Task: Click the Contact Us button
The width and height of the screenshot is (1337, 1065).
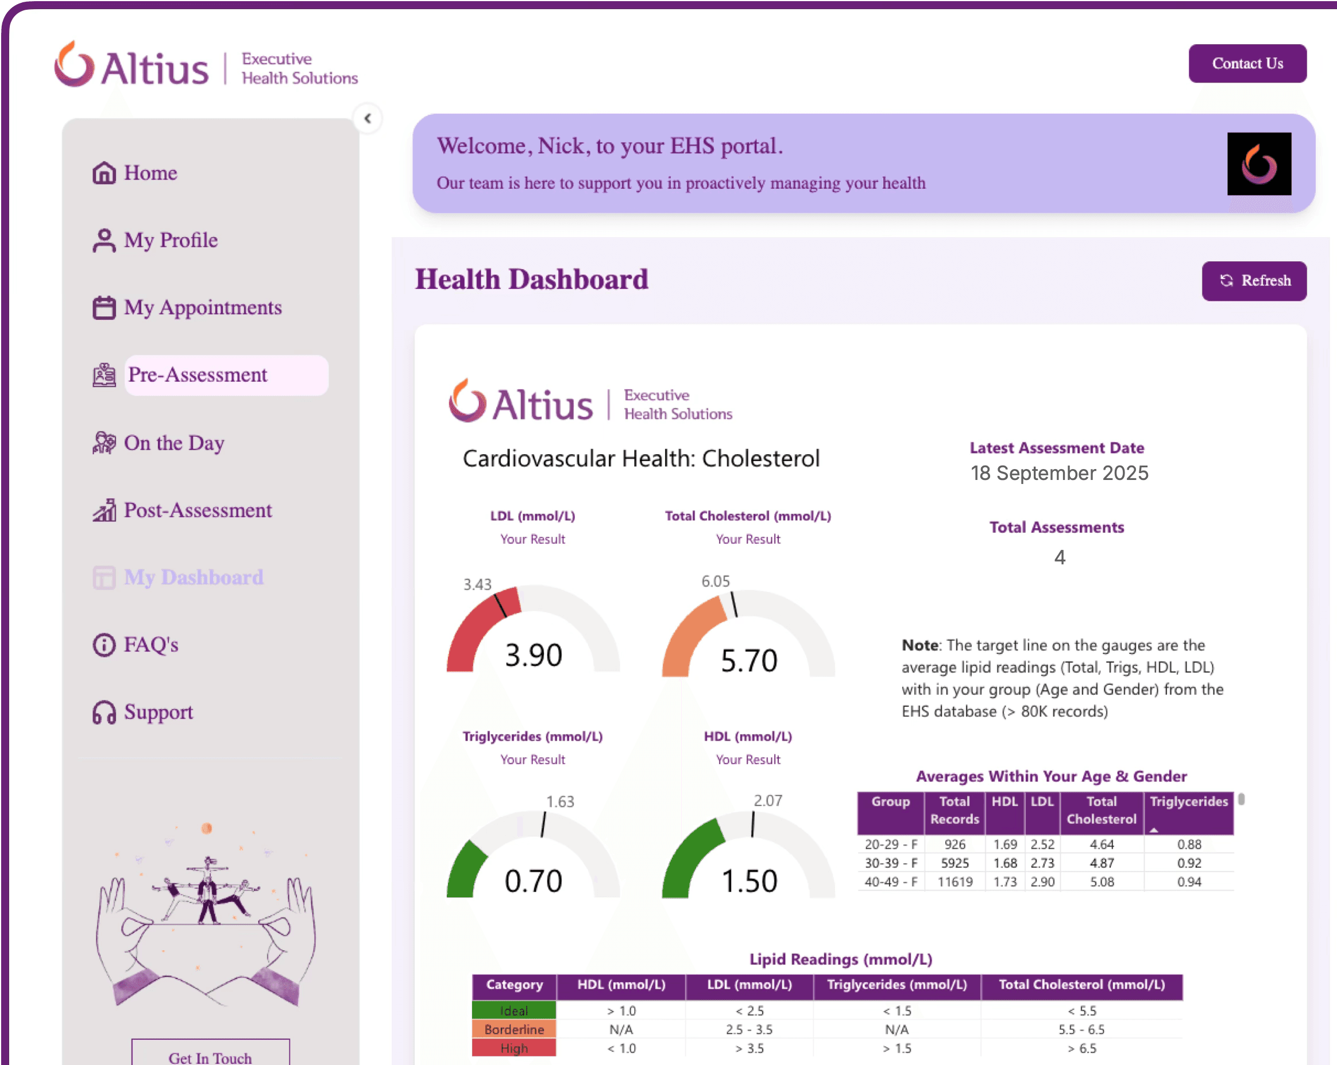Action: coord(1247,63)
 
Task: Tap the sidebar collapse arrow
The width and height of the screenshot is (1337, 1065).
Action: coord(368,118)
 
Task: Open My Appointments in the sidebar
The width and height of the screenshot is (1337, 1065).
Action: coord(202,308)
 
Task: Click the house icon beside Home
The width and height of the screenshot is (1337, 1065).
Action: coord(104,173)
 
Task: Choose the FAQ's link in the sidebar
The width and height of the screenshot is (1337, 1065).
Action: coord(150,645)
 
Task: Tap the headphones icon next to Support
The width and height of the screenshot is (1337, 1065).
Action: coord(104,712)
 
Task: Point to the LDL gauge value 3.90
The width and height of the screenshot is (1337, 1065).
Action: coord(534,655)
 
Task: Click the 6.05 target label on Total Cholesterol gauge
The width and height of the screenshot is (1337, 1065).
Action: coord(716,582)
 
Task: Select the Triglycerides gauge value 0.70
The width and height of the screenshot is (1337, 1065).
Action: coord(534,881)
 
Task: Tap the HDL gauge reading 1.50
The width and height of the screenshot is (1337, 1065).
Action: coord(749,881)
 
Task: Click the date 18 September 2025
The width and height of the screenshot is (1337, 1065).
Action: coord(1059,473)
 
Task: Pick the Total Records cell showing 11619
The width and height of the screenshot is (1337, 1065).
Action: coord(955,881)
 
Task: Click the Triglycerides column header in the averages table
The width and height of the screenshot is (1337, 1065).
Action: coord(1189,801)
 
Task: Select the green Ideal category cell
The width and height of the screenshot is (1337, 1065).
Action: coord(514,1010)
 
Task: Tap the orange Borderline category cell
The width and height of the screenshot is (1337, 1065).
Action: coord(514,1029)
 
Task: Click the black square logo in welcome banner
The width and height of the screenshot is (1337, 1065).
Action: coord(1259,164)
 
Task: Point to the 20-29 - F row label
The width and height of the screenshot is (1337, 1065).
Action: coord(891,845)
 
